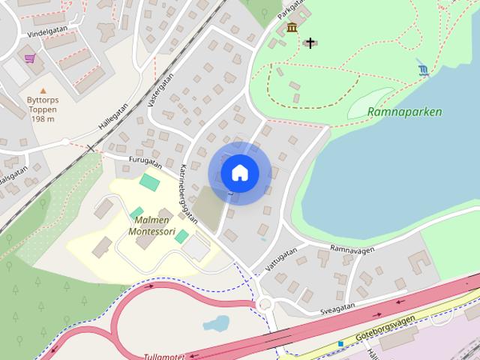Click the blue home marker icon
239,173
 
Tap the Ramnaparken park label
405,112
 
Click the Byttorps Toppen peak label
42,109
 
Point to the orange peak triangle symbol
42,91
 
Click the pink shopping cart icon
30,58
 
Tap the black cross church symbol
310,43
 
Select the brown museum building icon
291,28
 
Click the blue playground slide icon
424,70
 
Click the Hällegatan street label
112,116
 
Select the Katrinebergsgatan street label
190,193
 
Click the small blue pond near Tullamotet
216,324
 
